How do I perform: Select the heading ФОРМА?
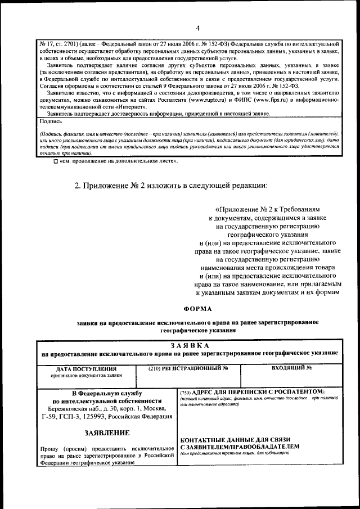tap(198, 309)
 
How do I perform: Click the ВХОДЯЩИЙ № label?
tap(291, 368)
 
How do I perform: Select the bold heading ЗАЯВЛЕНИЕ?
tap(107, 433)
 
